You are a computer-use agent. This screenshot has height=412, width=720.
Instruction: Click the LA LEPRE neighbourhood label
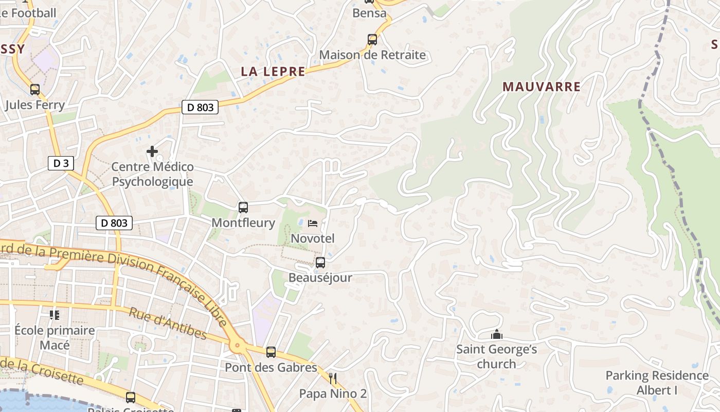273,72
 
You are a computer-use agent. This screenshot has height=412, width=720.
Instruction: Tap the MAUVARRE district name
542,87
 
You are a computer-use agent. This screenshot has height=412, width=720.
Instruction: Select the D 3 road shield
61,163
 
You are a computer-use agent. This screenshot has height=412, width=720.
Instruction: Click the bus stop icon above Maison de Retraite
372,39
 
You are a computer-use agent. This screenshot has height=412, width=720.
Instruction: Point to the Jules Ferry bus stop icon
34,89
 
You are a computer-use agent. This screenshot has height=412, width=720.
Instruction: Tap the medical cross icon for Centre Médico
152,151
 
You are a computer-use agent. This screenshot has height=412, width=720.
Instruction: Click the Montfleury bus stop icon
243,208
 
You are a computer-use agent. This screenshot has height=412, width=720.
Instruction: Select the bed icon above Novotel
312,224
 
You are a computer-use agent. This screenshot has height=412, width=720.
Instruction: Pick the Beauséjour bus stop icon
320,263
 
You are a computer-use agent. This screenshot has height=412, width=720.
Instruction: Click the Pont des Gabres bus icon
271,352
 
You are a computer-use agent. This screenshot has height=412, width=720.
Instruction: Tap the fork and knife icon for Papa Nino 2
333,379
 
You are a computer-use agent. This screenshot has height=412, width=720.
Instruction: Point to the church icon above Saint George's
496,335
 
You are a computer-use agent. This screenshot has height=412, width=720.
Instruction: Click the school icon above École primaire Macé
55,315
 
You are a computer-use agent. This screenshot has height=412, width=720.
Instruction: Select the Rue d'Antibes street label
168,324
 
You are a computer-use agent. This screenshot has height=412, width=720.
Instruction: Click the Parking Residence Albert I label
657,383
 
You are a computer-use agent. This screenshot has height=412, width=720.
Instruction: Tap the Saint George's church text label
496,357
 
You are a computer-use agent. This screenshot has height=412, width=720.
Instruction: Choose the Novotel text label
313,238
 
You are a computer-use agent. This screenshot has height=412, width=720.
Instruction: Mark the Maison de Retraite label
372,55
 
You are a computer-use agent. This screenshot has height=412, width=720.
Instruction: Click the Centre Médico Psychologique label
153,174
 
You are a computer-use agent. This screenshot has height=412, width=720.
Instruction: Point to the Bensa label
369,13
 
